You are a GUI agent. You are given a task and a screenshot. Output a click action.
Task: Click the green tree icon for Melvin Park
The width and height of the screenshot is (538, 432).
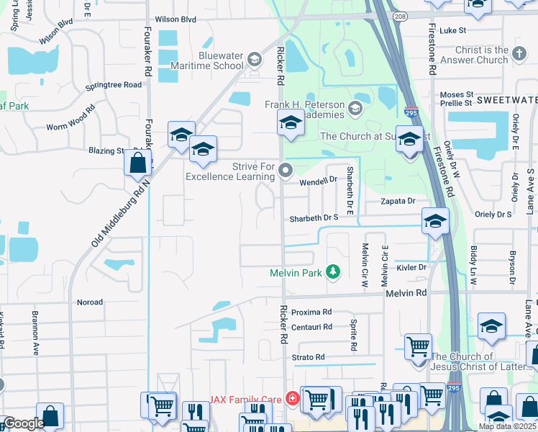[332, 271]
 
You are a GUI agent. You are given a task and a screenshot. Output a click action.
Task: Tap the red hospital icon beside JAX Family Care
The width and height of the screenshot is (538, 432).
[292, 398]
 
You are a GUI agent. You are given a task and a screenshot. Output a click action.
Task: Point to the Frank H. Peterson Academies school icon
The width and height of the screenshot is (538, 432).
[354, 109]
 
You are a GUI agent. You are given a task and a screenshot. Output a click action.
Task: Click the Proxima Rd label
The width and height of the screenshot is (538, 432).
[311, 312]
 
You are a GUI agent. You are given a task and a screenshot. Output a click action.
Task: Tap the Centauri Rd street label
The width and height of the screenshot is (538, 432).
[311, 327]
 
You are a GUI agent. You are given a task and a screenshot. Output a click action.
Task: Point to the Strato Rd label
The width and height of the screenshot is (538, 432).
[308, 357]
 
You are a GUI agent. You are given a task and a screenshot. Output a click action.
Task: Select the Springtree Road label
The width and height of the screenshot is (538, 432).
[113, 85]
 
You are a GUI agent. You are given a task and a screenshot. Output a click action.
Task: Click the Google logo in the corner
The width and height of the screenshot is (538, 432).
[23, 423]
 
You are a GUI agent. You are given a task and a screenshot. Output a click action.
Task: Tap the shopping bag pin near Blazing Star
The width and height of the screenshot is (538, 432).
[137, 163]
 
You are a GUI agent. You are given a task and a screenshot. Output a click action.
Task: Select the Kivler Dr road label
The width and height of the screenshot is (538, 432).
[411, 267]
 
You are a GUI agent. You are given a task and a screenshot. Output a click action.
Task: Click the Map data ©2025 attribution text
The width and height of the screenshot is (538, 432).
[507, 426]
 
